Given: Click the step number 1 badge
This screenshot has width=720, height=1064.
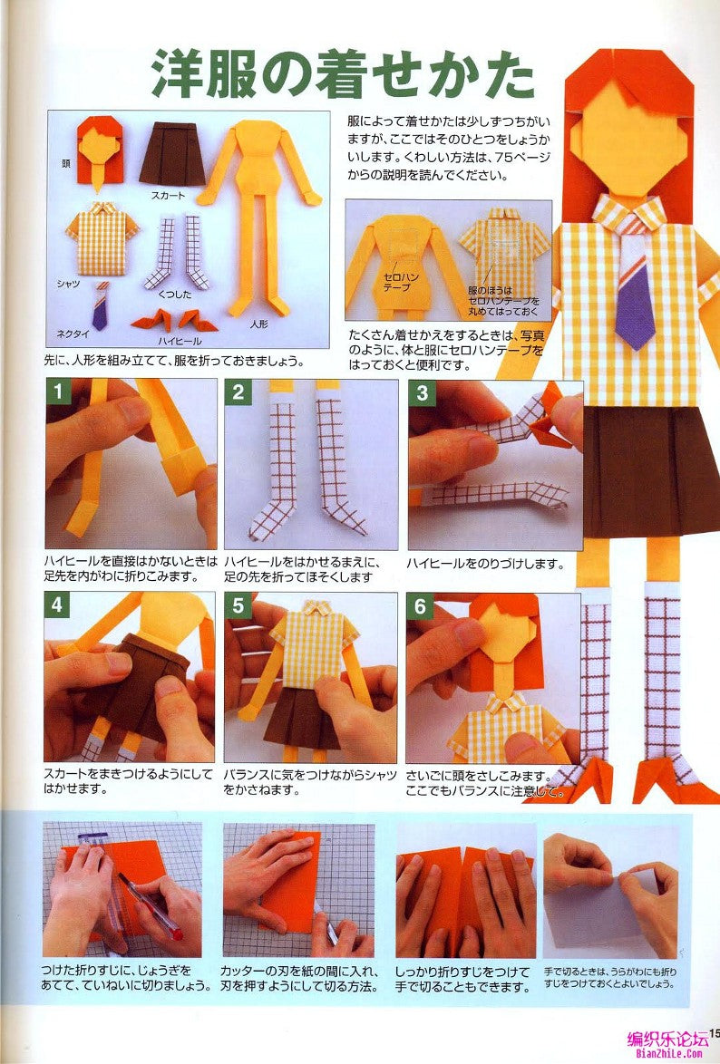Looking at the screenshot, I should click(x=58, y=392).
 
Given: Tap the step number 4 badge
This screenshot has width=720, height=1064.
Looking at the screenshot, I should click(x=58, y=605).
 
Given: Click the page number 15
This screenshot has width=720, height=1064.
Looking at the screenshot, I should click(x=714, y=1032).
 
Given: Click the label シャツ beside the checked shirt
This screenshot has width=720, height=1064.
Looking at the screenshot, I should click(x=68, y=284).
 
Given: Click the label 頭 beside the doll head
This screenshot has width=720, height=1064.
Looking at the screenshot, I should click(x=66, y=164).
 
